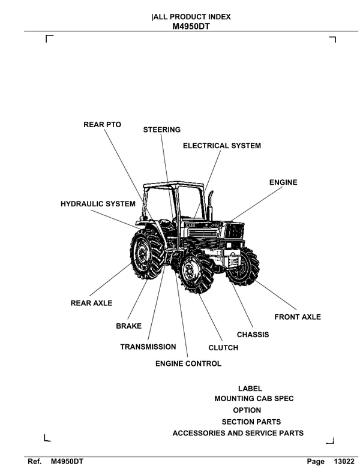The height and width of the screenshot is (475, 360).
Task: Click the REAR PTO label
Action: click(101, 125)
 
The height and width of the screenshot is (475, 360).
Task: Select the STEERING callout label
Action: click(161, 130)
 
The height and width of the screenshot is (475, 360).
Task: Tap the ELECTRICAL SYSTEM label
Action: click(221, 146)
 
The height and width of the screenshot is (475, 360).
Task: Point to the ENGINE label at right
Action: click(283, 182)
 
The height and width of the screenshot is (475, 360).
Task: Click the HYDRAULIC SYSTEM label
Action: click(98, 204)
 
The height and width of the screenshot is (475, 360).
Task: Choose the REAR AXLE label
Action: click(91, 303)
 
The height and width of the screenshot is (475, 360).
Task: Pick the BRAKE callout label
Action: click(128, 326)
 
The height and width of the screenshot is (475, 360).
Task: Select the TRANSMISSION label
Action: click(148, 347)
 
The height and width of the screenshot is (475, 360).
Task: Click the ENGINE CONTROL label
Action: click(188, 363)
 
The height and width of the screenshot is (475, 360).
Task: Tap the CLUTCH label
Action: click(223, 348)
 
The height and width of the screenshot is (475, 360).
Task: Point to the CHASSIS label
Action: click(253, 334)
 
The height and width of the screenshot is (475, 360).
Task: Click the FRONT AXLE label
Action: click(297, 317)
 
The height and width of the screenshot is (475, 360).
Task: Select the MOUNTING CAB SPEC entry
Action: click(254, 399)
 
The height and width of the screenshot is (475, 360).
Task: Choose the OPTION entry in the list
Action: click(247, 410)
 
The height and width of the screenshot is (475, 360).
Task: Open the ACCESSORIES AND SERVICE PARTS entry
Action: click(238, 433)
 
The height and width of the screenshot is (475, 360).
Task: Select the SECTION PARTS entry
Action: click(251, 422)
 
